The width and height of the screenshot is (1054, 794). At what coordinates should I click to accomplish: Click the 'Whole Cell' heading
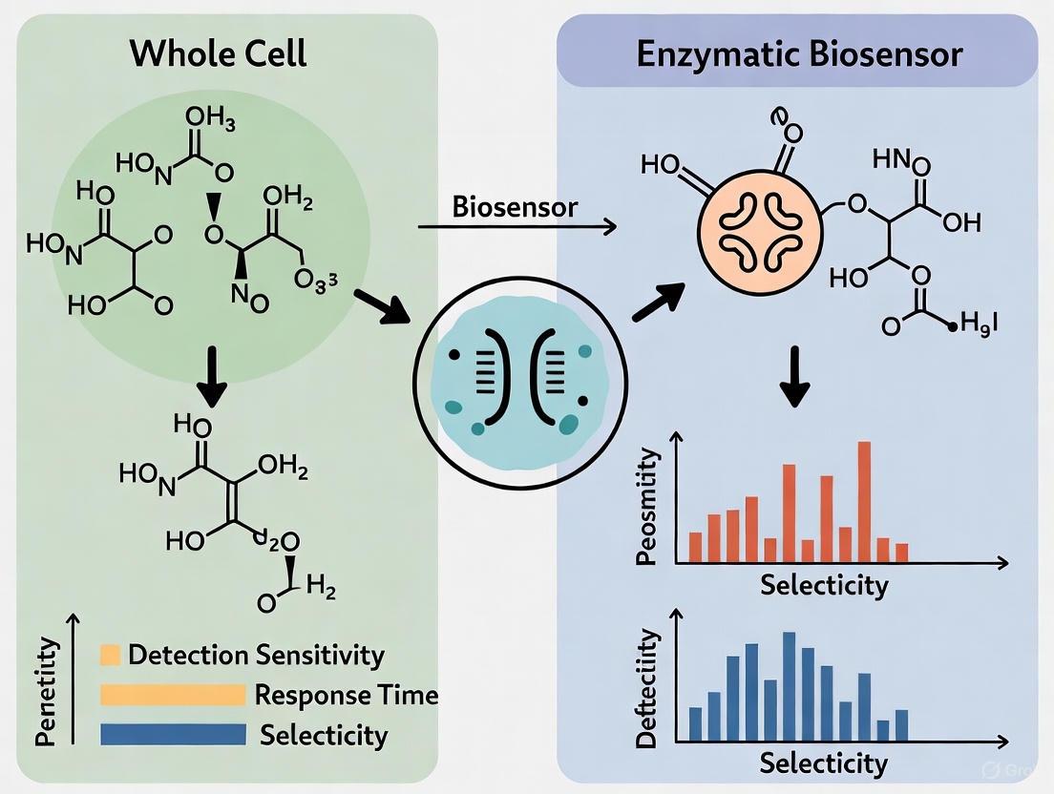(x=219, y=52)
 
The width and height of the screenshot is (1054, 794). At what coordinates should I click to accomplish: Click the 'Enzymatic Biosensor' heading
(x=799, y=53)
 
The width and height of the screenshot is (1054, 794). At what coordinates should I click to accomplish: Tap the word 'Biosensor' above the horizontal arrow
(x=515, y=206)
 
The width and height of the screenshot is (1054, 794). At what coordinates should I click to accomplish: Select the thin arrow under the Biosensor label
(x=516, y=227)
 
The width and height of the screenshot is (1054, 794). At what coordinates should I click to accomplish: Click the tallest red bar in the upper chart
(x=864, y=502)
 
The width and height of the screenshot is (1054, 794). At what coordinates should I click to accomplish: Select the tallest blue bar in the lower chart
(x=789, y=686)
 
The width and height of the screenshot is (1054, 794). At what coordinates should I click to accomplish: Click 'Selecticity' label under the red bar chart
(x=824, y=584)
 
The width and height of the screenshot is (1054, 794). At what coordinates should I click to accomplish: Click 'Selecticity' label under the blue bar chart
(x=823, y=763)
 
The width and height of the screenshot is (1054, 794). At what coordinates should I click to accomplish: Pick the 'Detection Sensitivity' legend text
(x=255, y=655)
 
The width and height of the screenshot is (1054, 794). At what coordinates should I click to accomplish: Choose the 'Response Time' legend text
(x=346, y=695)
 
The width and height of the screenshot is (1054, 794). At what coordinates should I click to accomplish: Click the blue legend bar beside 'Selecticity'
(x=173, y=734)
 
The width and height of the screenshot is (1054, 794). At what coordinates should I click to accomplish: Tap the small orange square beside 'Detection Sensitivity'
(x=110, y=655)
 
